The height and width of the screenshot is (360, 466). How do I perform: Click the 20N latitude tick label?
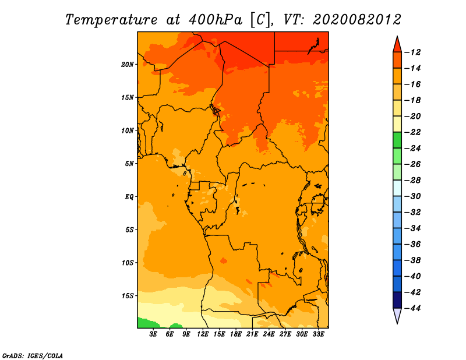tap(128, 65)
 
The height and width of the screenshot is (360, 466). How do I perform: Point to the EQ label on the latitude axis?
tap(129, 197)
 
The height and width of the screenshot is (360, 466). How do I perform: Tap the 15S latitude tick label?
tap(128, 296)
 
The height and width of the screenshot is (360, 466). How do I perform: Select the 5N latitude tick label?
tap(129, 164)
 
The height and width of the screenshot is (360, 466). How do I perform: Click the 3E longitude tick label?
tap(153, 334)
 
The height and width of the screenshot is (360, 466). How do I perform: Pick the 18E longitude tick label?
tap(236, 334)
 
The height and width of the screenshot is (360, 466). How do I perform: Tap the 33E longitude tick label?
tap(318, 334)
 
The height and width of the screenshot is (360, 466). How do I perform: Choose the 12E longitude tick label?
tap(203, 334)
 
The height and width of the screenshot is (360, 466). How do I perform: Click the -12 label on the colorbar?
tap(412, 52)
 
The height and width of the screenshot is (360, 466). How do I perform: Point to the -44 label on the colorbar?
tap(412, 308)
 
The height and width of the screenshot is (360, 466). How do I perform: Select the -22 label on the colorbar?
tap(412, 132)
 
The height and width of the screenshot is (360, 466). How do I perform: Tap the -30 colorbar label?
tap(412, 196)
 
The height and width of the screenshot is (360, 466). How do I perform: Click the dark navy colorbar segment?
tap(397, 300)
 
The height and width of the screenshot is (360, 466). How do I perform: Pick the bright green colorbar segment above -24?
tap(397, 140)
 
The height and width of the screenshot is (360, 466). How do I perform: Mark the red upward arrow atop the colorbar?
tap(397, 45)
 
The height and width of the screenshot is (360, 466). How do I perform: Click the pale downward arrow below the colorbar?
tap(397, 316)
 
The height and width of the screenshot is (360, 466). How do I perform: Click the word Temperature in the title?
tap(111, 20)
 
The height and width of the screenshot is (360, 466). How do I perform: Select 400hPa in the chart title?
tap(216, 20)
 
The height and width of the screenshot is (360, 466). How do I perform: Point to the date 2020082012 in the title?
tap(357, 20)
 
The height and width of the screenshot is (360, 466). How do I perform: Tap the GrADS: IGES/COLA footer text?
tap(33, 356)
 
